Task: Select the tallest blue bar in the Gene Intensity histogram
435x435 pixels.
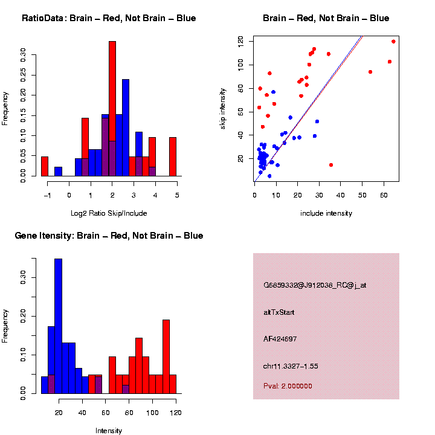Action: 59,326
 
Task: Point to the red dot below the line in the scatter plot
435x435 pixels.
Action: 330,164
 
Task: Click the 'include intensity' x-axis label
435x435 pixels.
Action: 326,213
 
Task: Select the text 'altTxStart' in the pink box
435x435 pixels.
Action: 279,312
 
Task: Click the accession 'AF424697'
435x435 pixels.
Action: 280,339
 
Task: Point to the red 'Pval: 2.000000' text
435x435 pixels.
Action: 288,386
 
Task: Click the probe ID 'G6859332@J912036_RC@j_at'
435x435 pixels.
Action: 314,285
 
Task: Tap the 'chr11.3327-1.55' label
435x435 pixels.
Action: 291,366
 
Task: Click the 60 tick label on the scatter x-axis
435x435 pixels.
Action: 384,196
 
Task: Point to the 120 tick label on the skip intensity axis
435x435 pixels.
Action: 240,41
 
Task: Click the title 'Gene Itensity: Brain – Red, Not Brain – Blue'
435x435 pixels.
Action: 109,236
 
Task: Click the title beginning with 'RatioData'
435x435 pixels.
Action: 109,18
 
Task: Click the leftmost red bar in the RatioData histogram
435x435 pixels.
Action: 45,166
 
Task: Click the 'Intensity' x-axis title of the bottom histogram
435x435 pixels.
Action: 109,431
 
